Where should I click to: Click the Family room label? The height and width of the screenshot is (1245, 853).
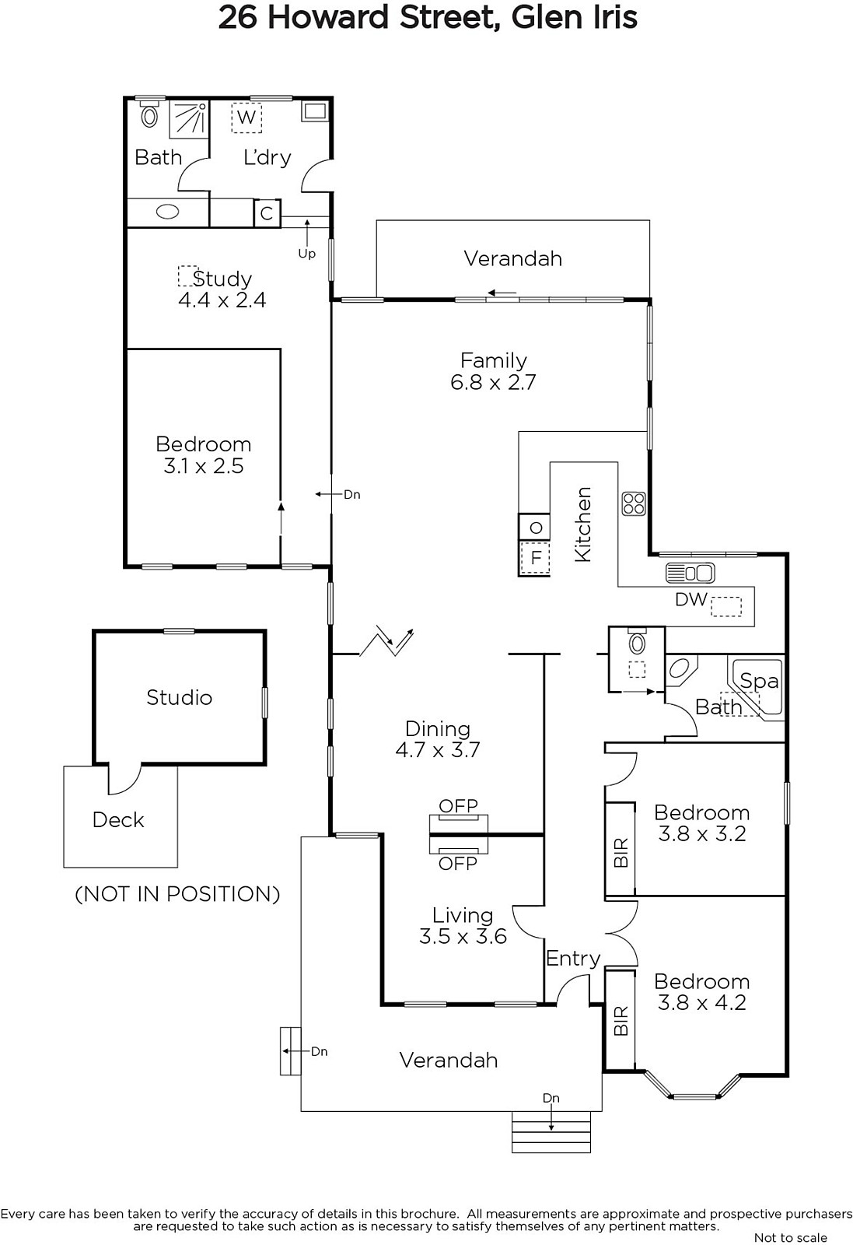pyautogui.click(x=493, y=361)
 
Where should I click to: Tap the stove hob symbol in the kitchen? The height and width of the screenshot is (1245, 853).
pyautogui.click(x=634, y=504)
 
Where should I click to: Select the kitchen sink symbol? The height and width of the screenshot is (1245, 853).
pyautogui.click(x=690, y=573)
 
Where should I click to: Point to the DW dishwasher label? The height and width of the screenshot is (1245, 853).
pyautogui.click(x=690, y=599)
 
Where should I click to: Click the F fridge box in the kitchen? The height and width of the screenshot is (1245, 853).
pyautogui.click(x=535, y=557)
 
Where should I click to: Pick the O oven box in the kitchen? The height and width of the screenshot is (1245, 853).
pyautogui.click(x=535, y=527)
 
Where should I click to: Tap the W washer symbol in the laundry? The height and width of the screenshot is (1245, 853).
pyautogui.click(x=246, y=117)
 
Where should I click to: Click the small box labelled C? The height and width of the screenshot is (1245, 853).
pyautogui.click(x=267, y=213)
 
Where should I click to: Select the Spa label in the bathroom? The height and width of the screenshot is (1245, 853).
pyautogui.click(x=759, y=682)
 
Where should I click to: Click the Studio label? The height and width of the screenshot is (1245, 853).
pyautogui.click(x=180, y=697)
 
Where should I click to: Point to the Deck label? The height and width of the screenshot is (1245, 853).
pyautogui.click(x=118, y=820)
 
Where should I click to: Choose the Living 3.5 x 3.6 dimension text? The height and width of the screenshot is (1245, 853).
pyautogui.click(x=463, y=937)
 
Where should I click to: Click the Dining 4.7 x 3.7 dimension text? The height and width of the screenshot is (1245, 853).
pyautogui.click(x=438, y=750)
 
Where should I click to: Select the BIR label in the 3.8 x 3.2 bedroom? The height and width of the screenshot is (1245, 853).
pyautogui.click(x=621, y=853)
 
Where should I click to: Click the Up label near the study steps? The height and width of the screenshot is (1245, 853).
pyautogui.click(x=306, y=254)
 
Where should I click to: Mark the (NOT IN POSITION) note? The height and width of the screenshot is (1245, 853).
pyautogui.click(x=177, y=894)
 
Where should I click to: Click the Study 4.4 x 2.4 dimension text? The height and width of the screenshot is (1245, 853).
pyautogui.click(x=222, y=300)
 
